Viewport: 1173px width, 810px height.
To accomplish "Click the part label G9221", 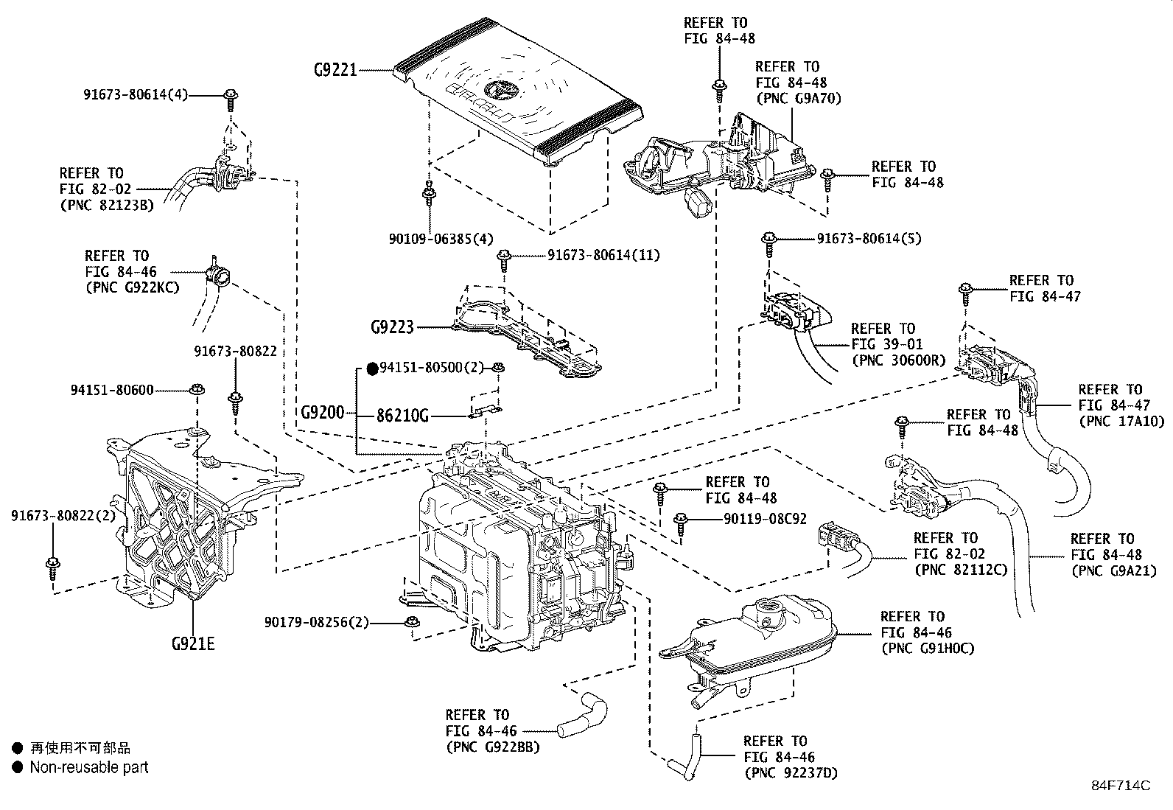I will coord(335,70).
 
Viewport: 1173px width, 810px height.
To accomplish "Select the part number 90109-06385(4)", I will coord(441,238).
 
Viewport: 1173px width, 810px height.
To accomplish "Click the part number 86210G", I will coord(402,416).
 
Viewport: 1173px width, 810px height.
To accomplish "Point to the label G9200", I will coord(322,412).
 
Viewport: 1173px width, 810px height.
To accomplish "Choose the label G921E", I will coord(193,643).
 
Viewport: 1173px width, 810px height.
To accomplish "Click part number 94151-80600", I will coord(113,390).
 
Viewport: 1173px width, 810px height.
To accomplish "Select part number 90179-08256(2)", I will coord(317,623).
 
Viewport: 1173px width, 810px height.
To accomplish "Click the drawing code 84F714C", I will coord(1120,785).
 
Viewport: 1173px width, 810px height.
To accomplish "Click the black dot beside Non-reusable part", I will coord(18,767).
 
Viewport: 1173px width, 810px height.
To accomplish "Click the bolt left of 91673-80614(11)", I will coord(504,257).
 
